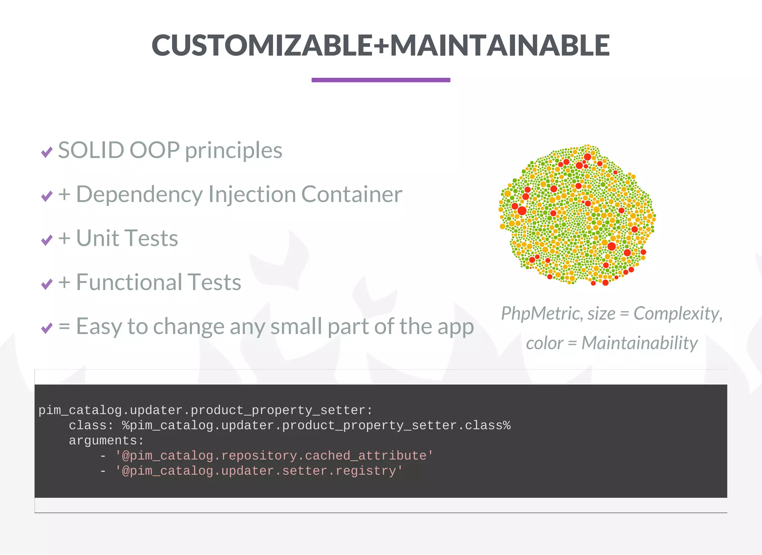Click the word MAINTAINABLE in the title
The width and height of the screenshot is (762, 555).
point(500,45)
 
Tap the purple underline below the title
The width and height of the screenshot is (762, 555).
point(381,80)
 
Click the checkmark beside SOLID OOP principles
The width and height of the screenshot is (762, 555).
point(47,152)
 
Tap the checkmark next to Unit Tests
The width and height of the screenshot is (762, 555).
point(47,240)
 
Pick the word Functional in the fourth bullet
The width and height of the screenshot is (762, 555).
point(128,282)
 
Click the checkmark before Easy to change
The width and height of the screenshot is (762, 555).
point(47,328)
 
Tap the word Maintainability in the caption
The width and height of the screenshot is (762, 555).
point(639,343)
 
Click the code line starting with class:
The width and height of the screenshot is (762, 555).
point(289,426)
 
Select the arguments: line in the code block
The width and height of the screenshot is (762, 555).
point(106,441)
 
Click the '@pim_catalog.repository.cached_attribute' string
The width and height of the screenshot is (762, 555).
point(274,456)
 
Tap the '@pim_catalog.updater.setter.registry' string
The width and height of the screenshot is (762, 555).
point(259,471)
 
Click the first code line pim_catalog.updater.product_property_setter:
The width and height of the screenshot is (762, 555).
point(205,410)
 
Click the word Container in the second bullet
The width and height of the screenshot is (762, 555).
point(352,195)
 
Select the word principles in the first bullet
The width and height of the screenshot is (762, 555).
point(234,150)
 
